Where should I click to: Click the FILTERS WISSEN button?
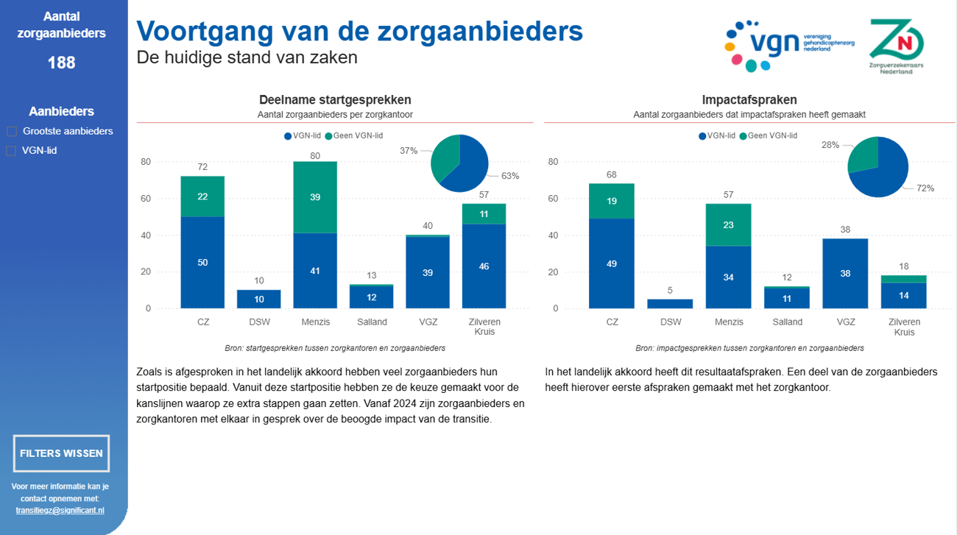61,453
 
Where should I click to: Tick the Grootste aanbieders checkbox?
12,132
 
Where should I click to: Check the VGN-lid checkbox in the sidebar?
12,151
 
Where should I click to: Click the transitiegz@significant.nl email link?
60,510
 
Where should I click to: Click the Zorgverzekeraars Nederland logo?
896,46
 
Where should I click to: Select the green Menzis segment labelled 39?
315,197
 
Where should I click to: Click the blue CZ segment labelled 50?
202,262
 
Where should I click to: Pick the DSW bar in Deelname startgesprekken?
258,299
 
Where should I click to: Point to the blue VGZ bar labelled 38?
845,273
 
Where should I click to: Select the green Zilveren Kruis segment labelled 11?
484,214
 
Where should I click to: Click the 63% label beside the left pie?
510,176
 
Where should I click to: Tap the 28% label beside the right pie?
830,145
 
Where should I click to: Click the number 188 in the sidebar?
61,63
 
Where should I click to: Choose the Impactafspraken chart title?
749,100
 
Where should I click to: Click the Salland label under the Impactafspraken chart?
788,322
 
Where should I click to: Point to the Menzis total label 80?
315,155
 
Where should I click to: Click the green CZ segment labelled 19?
612,201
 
